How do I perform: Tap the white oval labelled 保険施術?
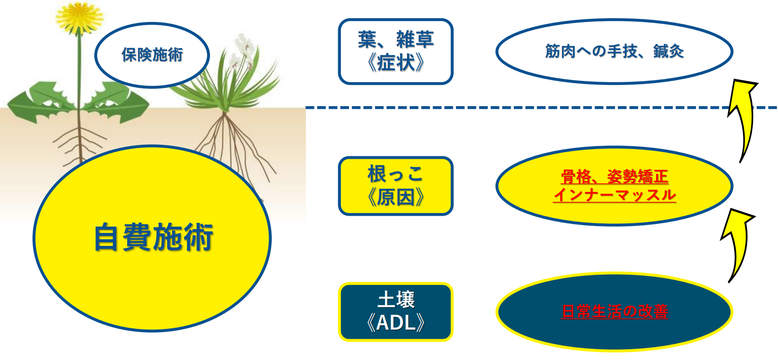point(152,55)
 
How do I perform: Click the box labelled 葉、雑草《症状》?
point(396,52)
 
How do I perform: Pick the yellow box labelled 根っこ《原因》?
point(396,186)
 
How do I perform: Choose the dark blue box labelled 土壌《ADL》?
point(396,312)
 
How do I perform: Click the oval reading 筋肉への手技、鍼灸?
point(614,51)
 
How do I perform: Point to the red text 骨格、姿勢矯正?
point(614,177)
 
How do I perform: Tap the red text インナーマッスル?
point(614,195)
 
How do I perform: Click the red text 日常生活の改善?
point(614,311)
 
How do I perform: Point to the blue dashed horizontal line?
point(541,107)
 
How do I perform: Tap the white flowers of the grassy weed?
point(241,52)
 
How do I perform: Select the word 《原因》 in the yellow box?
point(396,197)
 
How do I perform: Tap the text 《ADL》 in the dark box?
point(396,322)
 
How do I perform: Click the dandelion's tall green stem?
point(80,72)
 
